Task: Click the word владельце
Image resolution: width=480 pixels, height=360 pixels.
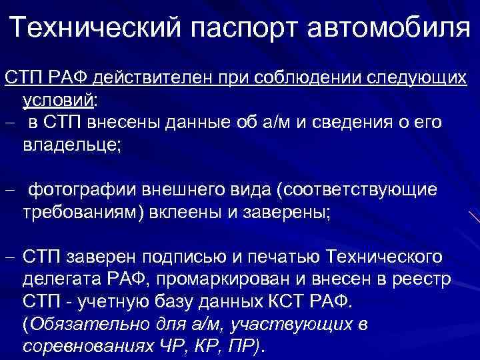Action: point(71,145)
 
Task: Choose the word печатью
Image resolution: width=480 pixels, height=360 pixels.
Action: point(279,256)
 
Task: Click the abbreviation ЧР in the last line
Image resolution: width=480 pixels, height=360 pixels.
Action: point(166,347)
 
